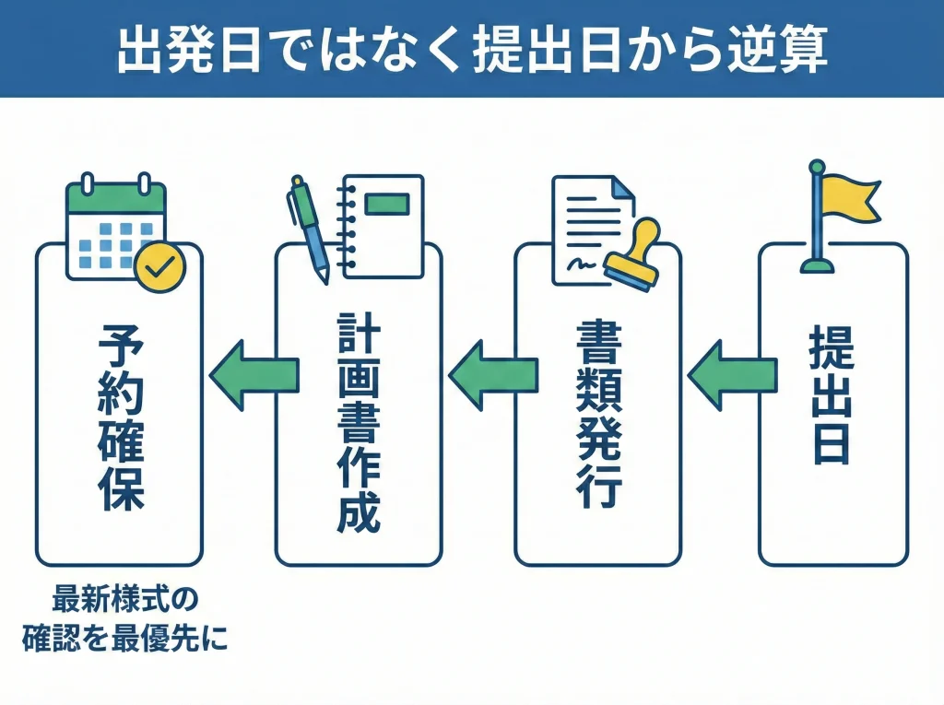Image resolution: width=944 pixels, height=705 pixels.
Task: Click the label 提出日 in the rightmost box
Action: pos(831,396)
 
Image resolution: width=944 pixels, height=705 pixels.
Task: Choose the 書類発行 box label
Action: pos(597,415)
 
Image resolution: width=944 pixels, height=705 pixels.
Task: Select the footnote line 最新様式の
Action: pos(124,600)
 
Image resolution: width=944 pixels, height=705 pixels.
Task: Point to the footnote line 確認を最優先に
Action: pos(124,638)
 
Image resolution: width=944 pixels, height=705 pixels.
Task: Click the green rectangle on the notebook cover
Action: pos(385,203)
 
